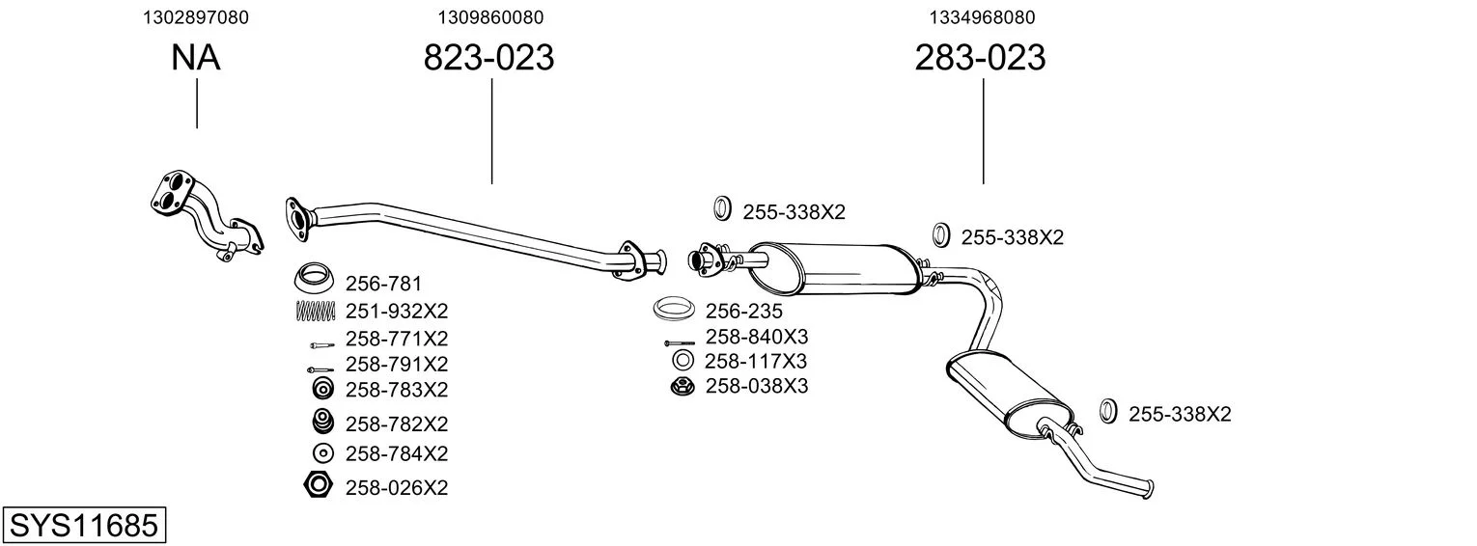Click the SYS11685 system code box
point(84,525)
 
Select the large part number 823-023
point(488,57)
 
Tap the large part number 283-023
point(980,57)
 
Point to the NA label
point(195,57)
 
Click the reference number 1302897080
point(196,17)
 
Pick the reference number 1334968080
point(982,17)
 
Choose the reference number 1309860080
point(490,17)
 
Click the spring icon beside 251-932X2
point(316,311)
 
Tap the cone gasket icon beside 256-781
point(313,279)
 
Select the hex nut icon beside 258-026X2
point(319,485)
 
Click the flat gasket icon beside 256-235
point(674,309)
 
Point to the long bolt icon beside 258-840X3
point(680,343)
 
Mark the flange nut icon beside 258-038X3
point(683,386)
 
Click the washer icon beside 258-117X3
point(683,360)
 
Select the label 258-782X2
point(397,423)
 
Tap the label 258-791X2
point(397,364)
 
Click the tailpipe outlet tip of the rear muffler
point(1150,489)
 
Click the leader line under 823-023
point(492,131)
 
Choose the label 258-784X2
point(397,453)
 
